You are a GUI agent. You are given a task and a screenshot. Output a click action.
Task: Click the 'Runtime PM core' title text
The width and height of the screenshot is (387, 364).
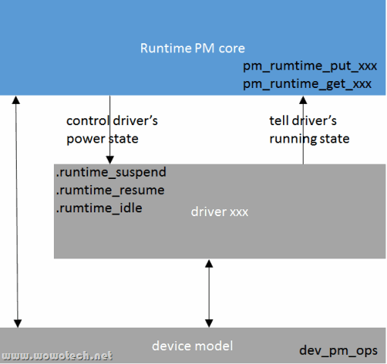click(x=193, y=48)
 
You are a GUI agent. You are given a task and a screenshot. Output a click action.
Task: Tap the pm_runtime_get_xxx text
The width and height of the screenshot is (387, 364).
click(x=307, y=83)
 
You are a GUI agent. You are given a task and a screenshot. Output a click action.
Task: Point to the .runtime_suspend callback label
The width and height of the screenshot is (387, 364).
click(x=111, y=173)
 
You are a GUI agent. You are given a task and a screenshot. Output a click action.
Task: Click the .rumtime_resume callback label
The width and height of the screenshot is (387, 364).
click(x=109, y=190)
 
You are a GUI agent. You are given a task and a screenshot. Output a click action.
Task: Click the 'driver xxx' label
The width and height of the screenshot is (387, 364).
click(x=219, y=212)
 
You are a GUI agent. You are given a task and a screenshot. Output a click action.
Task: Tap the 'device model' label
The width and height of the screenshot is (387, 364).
click(x=193, y=346)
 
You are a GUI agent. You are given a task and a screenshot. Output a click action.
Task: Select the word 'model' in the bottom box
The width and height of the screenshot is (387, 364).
click(x=215, y=346)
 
